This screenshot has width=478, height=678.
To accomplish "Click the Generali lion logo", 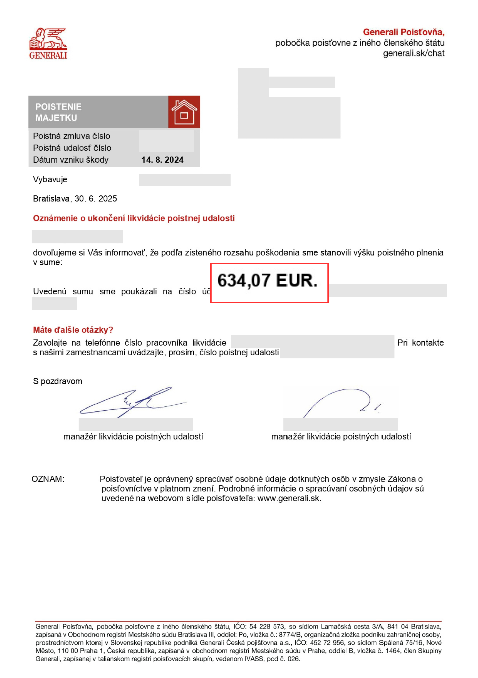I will [x=48, y=44].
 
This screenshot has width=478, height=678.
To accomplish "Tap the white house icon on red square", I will [x=184, y=112].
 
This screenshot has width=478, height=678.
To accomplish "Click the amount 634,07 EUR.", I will [x=267, y=281].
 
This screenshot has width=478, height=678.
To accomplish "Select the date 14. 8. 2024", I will [x=162, y=160].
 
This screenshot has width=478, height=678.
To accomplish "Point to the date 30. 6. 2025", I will [x=95, y=199].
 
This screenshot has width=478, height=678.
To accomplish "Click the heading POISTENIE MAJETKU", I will [x=58, y=112].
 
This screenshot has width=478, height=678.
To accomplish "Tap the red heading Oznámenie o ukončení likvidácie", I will [x=134, y=218].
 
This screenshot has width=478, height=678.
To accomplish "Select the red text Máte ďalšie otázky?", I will [x=73, y=330].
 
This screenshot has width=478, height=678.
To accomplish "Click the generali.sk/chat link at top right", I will [x=413, y=53].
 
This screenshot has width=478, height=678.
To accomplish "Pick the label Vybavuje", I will [x=50, y=179].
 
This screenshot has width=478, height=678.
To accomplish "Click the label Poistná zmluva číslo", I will [x=71, y=136].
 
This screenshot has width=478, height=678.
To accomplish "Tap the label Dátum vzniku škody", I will [x=70, y=160].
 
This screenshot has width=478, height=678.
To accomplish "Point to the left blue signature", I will [x=132, y=402].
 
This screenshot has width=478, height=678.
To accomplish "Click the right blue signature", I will [x=342, y=402].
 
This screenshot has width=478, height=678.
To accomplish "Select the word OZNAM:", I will [x=48, y=479].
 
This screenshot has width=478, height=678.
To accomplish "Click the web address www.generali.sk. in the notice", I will [x=289, y=498].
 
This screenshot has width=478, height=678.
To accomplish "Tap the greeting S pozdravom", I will [x=57, y=381].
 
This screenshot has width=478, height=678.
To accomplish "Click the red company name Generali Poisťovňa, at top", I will [x=404, y=32].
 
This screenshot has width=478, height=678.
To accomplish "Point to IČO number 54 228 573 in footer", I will [x=267, y=626].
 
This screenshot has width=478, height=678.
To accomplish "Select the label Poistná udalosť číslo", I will [x=72, y=148].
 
